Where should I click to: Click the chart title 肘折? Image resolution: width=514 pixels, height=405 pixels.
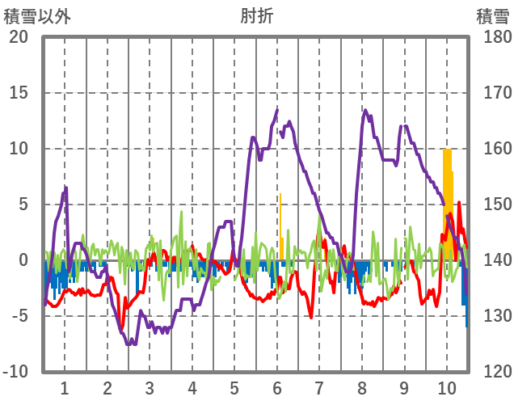pyautogui.click(x=256, y=15)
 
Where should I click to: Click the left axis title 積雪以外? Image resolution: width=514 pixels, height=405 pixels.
pyautogui.click(x=38, y=15)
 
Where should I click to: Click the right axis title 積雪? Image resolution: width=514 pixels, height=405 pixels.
pyautogui.click(x=491, y=15)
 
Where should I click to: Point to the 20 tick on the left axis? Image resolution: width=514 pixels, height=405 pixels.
pyautogui.click(x=19, y=37)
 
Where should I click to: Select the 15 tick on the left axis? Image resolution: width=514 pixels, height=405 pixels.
pyautogui.click(x=19, y=93)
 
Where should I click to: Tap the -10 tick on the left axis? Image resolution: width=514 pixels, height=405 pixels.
pyautogui.click(x=15, y=372)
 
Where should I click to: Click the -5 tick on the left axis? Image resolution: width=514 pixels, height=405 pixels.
pyautogui.click(x=19, y=316)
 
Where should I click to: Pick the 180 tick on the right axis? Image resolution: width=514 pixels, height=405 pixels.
pyautogui.click(x=492, y=37)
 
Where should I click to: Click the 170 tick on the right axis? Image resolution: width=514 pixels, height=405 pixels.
pyautogui.click(x=492, y=93)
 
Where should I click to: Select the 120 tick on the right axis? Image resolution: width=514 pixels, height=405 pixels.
pyautogui.click(x=492, y=372)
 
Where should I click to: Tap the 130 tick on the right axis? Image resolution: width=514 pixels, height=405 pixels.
pyautogui.click(x=492, y=316)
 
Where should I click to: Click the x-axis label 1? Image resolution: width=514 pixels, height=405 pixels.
pyautogui.click(x=64, y=387)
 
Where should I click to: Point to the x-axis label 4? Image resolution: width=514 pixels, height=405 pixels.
pyautogui.click(x=192, y=387)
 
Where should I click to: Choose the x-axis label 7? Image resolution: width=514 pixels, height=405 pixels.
pyautogui.click(x=319, y=387)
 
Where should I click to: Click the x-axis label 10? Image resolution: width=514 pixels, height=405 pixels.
pyautogui.click(x=447, y=387)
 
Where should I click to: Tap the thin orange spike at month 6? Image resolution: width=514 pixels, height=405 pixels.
pyautogui.click(x=280, y=218)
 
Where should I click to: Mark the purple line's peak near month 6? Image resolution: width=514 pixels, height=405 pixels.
pyautogui.click(x=277, y=110)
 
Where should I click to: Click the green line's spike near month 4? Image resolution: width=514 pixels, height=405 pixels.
pyautogui.click(x=181, y=213)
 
